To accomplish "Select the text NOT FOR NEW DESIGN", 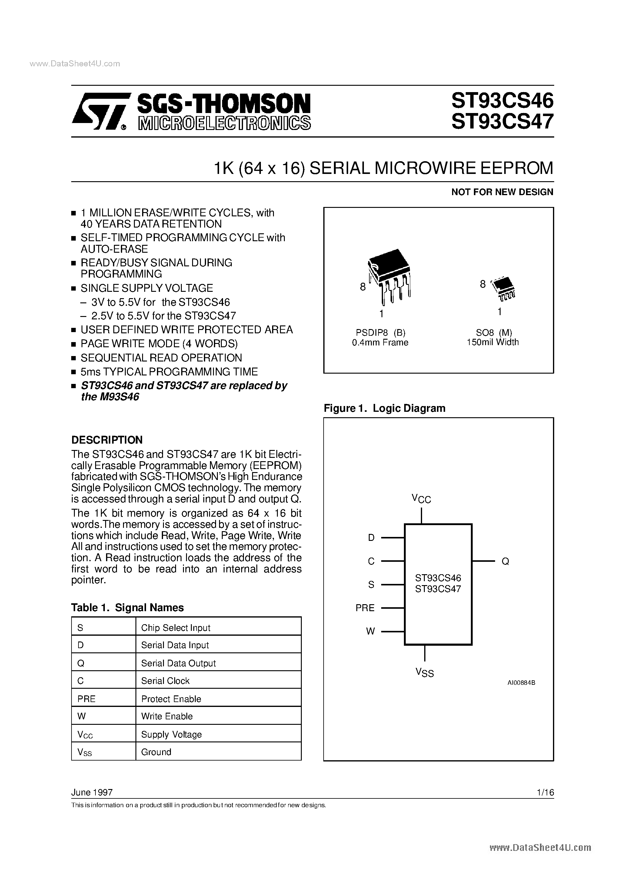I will [x=502, y=192].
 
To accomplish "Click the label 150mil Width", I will [x=492, y=342].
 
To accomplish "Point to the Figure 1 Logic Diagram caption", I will [x=385, y=408].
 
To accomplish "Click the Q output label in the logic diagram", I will [x=505, y=561].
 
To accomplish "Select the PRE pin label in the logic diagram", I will [x=365, y=608].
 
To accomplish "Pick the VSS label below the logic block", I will [x=425, y=673].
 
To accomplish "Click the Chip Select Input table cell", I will [x=176, y=628].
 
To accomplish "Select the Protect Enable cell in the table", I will [x=171, y=699].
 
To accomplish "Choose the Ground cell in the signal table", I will [x=156, y=752].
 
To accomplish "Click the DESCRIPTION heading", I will [x=107, y=440].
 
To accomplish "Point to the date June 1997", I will [x=92, y=792].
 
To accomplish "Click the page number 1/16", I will [x=545, y=792].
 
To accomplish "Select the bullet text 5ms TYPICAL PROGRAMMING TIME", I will [x=169, y=371].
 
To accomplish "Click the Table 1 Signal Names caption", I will [x=127, y=608].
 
